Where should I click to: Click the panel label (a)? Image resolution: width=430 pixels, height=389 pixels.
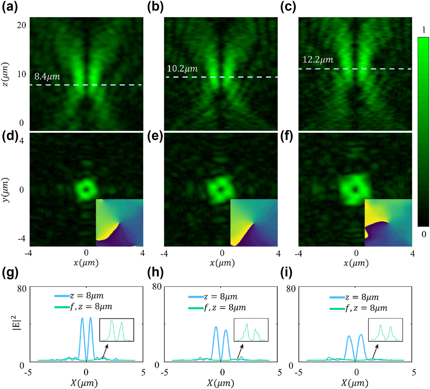[10, 7]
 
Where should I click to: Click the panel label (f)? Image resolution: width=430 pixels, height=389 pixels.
[286, 137]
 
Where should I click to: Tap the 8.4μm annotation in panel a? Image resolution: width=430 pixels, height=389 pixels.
[47, 77]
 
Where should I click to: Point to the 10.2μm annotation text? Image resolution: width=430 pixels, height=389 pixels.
[182, 69]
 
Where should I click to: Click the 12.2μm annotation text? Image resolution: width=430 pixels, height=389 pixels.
[317, 60]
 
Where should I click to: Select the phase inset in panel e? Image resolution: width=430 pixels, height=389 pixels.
[254, 223]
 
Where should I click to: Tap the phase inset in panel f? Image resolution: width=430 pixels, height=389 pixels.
[388, 223]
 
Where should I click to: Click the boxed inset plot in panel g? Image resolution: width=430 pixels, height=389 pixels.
[117, 330]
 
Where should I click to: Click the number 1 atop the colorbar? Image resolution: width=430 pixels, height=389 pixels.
[424, 30]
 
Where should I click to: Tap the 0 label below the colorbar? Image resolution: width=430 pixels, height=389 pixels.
[424, 234]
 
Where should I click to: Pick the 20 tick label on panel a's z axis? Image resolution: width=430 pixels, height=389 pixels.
[21, 25]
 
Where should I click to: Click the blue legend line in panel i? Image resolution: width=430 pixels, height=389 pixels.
[337, 297]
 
